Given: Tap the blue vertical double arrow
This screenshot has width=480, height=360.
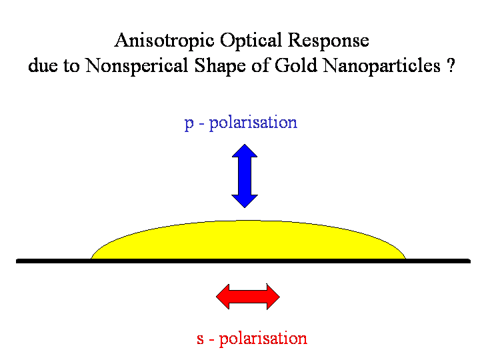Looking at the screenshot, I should click(245, 175).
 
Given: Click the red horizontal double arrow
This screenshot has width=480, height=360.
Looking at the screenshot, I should click(248, 296).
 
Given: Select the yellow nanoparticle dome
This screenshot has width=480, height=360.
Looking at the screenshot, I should click(248, 240).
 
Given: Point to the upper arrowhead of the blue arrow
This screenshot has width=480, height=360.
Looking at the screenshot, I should click(245, 151).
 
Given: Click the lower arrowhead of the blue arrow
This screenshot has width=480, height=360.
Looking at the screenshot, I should click(245, 199).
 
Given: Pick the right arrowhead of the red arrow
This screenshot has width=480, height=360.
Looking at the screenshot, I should click(271, 296).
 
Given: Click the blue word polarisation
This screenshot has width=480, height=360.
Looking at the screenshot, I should click(253, 123).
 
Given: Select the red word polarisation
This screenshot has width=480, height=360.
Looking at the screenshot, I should click(263, 339).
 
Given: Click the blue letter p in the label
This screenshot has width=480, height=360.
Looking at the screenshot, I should click(189, 124).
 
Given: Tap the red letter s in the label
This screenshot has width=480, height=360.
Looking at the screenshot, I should click(200, 339).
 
